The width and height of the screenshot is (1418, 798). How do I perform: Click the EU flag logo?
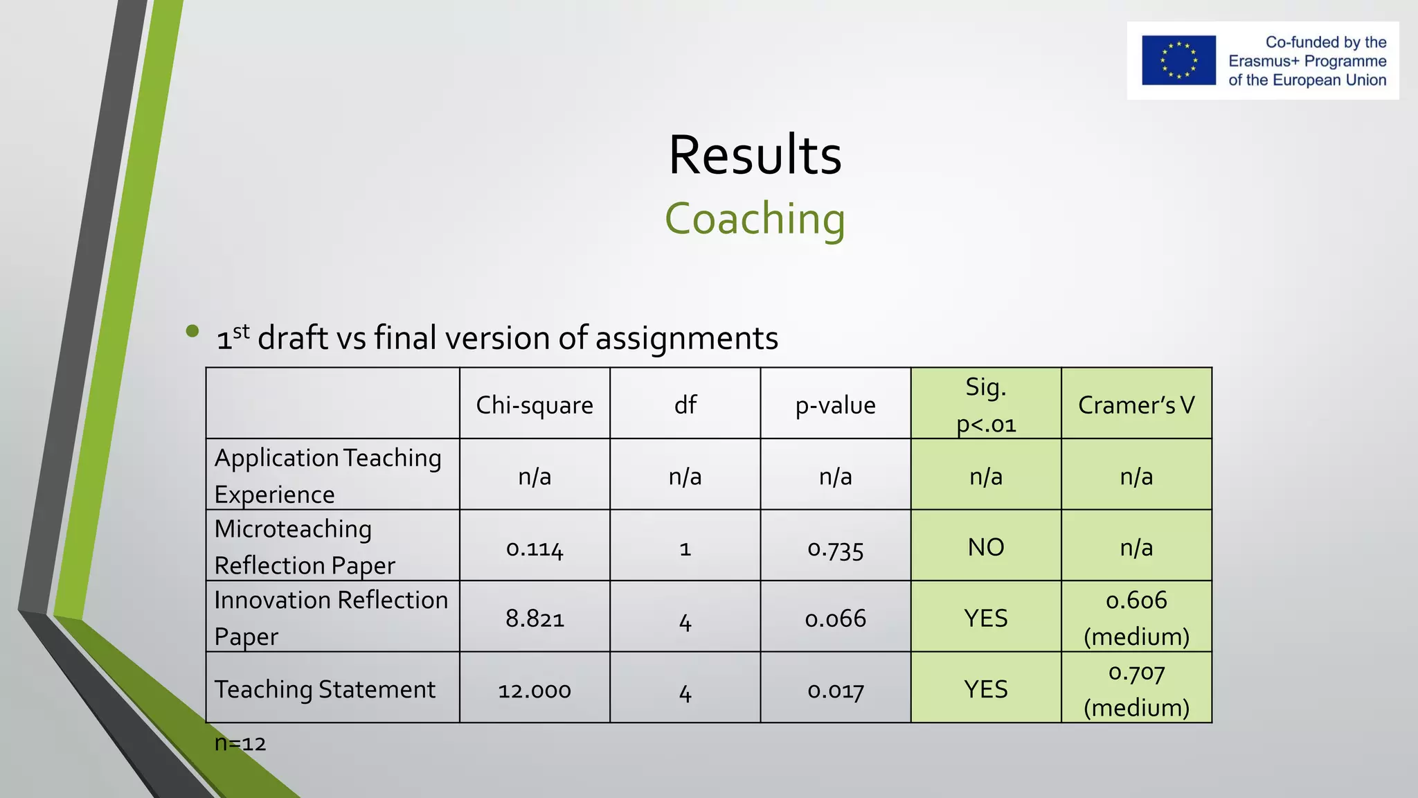pyautogui.click(x=1178, y=60)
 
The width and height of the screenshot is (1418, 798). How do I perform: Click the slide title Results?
pyautogui.click(x=755, y=154)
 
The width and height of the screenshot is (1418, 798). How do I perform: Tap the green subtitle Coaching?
pyautogui.click(x=755, y=219)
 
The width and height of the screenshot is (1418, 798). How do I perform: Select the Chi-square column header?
pyautogui.click(x=535, y=405)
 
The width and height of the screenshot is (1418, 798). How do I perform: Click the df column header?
pyautogui.click(x=685, y=405)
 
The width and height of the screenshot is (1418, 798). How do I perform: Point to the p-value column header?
pyautogui.click(x=835, y=405)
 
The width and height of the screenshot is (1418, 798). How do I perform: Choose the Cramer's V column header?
pyautogui.click(x=1136, y=405)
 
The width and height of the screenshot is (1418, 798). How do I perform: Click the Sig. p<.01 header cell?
pyautogui.click(x=986, y=405)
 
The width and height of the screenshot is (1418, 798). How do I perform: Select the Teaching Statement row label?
pyautogui.click(x=325, y=689)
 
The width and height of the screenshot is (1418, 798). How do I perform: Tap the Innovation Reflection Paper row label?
pyautogui.click(x=331, y=617)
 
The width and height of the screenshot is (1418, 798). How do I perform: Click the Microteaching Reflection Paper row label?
pyautogui.click(x=305, y=547)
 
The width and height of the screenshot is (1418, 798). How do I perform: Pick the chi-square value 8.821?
pyautogui.click(x=535, y=618)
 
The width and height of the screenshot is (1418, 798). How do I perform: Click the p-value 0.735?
pyautogui.click(x=835, y=549)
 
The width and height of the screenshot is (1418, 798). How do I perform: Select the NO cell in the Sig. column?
pyautogui.click(x=986, y=547)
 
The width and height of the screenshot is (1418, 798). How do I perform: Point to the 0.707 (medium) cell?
pyautogui.click(x=1136, y=689)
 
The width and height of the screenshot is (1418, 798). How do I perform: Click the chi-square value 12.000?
pyautogui.click(x=535, y=690)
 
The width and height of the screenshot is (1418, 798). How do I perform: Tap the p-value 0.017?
pyautogui.click(x=835, y=690)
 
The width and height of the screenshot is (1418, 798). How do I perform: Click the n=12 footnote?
pyautogui.click(x=240, y=743)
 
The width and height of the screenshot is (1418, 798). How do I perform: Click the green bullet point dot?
pyautogui.click(x=192, y=331)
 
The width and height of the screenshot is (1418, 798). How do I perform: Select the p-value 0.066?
pyautogui.click(x=835, y=618)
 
